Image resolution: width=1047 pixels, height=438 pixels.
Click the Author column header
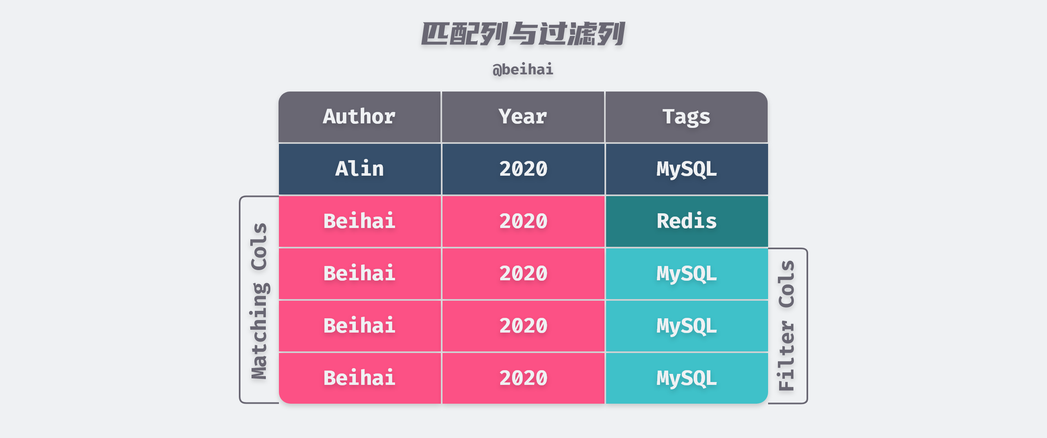tap(359, 117)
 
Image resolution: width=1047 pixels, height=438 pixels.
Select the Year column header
tap(523, 117)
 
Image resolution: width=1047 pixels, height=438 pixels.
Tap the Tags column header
tap(686, 117)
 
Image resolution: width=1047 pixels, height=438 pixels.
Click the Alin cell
tap(359, 169)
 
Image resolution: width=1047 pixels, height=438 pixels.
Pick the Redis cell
tap(686, 221)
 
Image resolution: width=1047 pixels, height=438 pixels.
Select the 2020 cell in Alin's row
tap(523, 169)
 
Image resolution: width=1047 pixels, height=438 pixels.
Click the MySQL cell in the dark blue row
tap(686, 169)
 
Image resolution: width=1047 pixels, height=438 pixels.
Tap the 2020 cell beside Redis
tap(523, 221)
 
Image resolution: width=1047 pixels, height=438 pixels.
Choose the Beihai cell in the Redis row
tap(359, 221)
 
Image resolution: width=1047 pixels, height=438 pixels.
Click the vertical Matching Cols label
tap(259, 301)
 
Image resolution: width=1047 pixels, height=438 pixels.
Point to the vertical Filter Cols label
tap(786, 326)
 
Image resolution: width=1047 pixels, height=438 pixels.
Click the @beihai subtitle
tap(523, 69)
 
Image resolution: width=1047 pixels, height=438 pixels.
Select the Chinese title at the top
tap(523, 34)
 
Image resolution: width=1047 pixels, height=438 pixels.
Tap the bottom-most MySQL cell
tap(686, 378)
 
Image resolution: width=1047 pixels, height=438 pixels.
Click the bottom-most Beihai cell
tap(359, 378)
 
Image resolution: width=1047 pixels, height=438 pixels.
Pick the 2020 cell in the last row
tap(523, 378)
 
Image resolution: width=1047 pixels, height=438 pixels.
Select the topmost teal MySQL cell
tap(686, 273)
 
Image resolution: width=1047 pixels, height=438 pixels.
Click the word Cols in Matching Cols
tap(259, 246)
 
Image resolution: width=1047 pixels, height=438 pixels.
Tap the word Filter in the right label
tap(786, 356)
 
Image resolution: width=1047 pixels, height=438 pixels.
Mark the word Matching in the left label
tap(259, 331)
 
